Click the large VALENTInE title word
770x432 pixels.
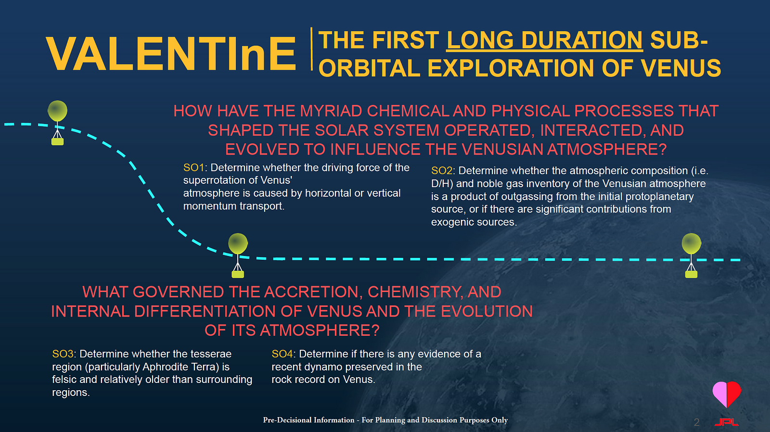[171, 53]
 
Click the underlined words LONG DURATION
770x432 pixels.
[544, 40]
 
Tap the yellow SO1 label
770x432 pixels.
[193, 168]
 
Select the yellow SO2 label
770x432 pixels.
[442, 170]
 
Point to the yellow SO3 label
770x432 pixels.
[63, 354]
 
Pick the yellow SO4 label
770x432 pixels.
[282, 354]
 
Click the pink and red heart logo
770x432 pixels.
[727, 394]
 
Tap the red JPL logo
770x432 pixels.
[726, 422]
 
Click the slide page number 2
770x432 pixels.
[696, 422]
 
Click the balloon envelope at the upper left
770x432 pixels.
[57, 111]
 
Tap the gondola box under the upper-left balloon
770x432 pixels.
[57, 141]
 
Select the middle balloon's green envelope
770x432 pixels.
[238, 243]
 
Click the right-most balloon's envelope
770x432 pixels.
[691, 243]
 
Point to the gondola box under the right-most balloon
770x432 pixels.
[691, 274]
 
